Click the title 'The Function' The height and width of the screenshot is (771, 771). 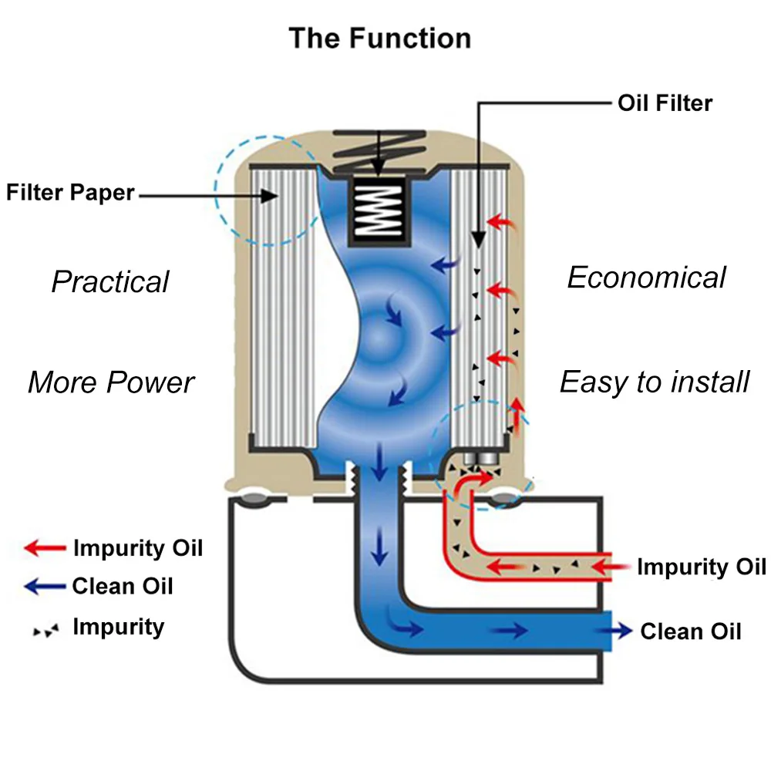pos(379,39)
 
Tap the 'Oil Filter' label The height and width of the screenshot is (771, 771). pos(665,103)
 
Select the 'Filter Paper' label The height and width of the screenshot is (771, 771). pos(70,192)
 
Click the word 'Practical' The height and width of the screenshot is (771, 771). pos(110,281)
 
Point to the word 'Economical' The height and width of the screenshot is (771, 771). pos(647,278)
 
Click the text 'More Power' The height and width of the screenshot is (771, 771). pos(111,382)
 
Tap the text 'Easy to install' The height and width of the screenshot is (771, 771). pos(655,382)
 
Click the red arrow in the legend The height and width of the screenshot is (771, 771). pos(45,547)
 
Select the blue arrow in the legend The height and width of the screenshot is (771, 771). pos(45,586)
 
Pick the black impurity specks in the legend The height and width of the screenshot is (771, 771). pos(45,631)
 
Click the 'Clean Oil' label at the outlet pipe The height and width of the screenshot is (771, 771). pos(690,631)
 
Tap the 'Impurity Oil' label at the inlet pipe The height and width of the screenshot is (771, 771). pos(702,567)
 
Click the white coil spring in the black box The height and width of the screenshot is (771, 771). pos(379,210)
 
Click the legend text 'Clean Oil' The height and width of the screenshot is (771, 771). pos(123,586)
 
